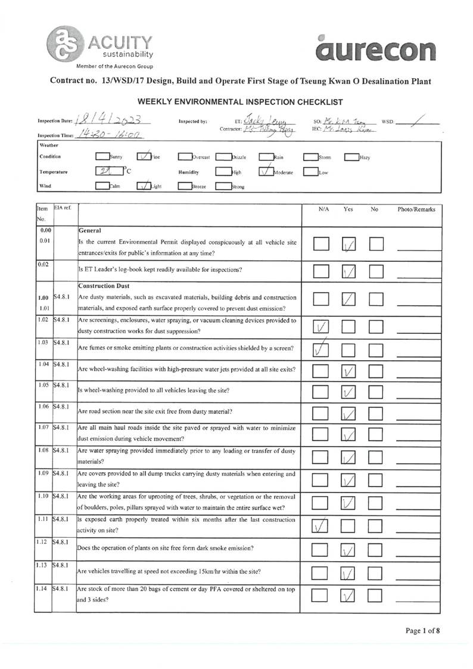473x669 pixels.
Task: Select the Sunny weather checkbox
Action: pyautogui.click(x=102, y=157)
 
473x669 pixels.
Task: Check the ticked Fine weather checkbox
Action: pyautogui.click(x=144, y=157)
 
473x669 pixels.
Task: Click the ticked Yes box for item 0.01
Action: pyautogui.click(x=350, y=244)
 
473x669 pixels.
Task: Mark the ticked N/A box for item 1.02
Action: pyautogui.click(x=321, y=327)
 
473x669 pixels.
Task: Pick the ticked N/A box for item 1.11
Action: pyautogui.click(x=321, y=526)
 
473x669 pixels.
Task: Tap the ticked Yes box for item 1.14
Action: pyautogui.click(x=350, y=596)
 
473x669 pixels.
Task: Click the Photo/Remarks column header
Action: pyautogui.click(x=416, y=210)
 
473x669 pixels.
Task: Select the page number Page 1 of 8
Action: pyautogui.click(x=423, y=630)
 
